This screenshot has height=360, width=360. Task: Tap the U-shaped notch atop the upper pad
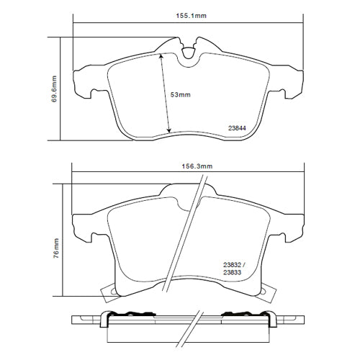pyautogui.click(x=189, y=52)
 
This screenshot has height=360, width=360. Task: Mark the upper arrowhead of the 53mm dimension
pyautogui.click(x=162, y=56)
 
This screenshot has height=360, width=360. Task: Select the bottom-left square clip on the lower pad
pyautogui.click(x=109, y=292)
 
